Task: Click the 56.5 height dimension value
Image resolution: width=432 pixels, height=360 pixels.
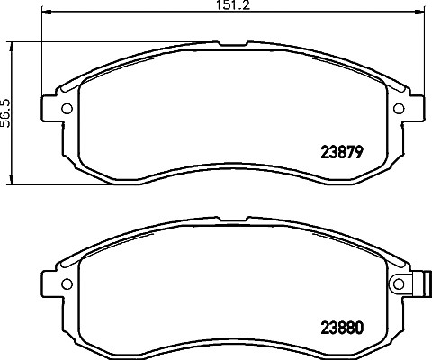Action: [x=5, y=113]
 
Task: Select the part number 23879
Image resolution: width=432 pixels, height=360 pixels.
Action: [x=342, y=152]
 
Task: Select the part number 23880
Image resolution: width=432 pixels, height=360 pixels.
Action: [x=342, y=328]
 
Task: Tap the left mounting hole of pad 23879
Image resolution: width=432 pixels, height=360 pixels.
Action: [x=67, y=108]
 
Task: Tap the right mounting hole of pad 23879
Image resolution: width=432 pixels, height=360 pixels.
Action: [x=399, y=108]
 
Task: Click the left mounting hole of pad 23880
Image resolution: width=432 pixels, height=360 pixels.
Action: [x=67, y=283]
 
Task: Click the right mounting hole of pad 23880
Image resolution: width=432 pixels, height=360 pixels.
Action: [x=399, y=283]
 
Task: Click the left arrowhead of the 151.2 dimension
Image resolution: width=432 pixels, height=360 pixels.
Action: [x=46, y=12]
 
